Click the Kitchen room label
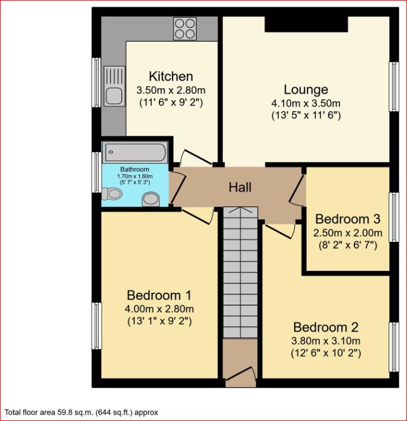click(x=171, y=76)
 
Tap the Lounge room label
click(x=306, y=90)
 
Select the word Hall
click(x=240, y=187)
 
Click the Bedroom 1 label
click(x=159, y=296)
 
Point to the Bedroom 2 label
click(x=326, y=328)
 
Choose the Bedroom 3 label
click(x=347, y=219)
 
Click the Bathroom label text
click(x=135, y=170)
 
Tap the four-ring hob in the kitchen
click(x=185, y=27)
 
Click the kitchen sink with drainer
click(x=114, y=86)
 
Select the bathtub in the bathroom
click(x=135, y=153)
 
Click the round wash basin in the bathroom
click(x=151, y=199)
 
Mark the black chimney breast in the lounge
click(x=306, y=23)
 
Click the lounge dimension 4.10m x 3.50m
click(x=306, y=104)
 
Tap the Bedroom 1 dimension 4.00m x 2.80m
click(x=159, y=309)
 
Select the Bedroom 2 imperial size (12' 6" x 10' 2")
click(x=326, y=353)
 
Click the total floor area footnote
click(x=81, y=412)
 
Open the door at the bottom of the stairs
click(x=241, y=372)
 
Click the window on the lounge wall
click(x=394, y=86)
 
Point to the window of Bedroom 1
click(x=97, y=325)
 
